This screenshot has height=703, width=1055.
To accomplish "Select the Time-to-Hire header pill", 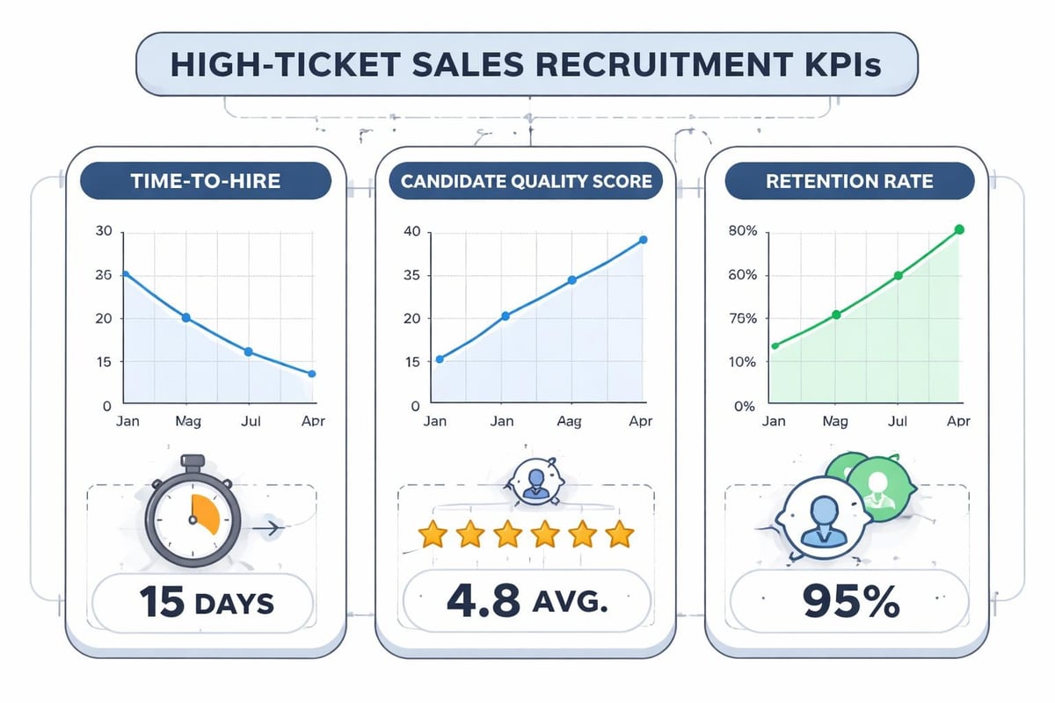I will click(205, 182).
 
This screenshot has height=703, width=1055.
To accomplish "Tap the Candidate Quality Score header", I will click(526, 182).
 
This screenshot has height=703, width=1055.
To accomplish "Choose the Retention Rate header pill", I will click(849, 182).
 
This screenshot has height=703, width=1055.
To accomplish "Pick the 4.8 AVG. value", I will click(526, 603).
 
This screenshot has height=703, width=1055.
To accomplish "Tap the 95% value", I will click(848, 603).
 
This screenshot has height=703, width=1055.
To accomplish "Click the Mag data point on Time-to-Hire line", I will click(186, 317).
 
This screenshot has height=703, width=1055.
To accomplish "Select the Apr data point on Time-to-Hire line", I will click(311, 373).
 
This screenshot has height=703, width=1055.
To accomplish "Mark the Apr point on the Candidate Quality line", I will click(644, 240).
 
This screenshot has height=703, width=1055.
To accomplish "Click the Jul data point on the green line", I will click(899, 275).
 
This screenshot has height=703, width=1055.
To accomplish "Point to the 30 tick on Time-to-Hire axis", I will click(105, 232).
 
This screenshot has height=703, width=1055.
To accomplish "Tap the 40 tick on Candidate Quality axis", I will click(412, 232).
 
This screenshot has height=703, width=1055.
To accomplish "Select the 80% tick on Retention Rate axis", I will click(743, 232).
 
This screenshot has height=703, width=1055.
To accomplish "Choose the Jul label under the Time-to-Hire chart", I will click(249, 421).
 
